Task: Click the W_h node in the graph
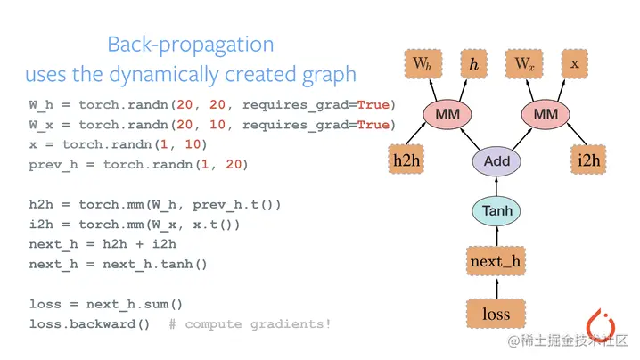click(x=422, y=64)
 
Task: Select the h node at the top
click(x=473, y=64)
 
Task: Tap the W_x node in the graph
click(x=523, y=64)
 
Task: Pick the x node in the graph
click(x=575, y=64)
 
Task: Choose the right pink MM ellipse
click(x=545, y=114)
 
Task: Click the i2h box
click(x=589, y=160)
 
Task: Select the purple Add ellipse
click(x=496, y=161)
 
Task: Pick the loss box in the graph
click(x=496, y=313)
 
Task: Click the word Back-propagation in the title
click(x=190, y=44)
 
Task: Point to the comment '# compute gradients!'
click(x=258, y=323)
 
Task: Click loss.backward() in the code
click(x=90, y=323)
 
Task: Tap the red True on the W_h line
click(x=373, y=105)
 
